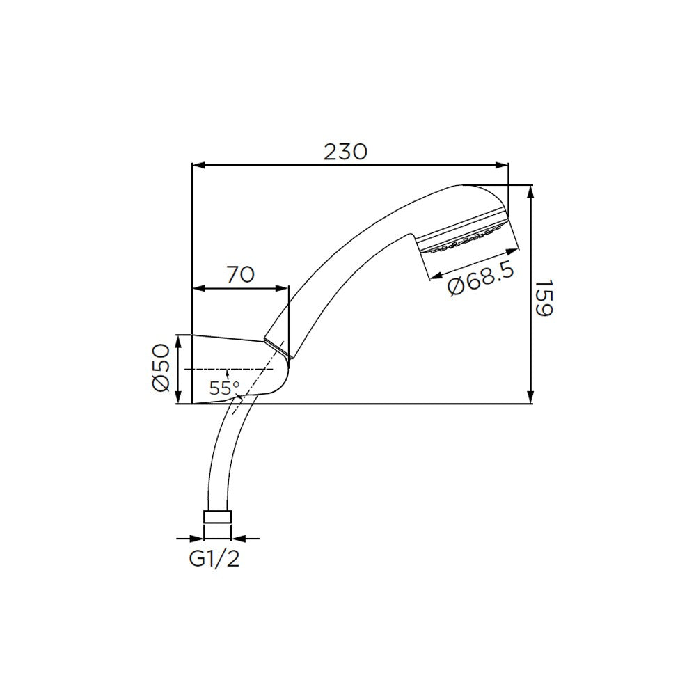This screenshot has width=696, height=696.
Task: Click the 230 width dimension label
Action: point(345,151)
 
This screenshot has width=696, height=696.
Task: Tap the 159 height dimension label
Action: point(544,299)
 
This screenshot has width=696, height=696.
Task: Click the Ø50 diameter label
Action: point(160,367)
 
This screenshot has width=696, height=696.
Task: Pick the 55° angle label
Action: point(224,388)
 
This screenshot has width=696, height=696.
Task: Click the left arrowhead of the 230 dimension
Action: point(198,166)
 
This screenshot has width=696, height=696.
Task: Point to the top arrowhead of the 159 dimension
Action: point(531,191)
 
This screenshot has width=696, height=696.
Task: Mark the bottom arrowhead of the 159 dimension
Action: point(531,397)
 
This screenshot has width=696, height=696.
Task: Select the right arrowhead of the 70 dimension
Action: point(281,288)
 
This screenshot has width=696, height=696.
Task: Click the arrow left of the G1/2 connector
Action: point(197,538)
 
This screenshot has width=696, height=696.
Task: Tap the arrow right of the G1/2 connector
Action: point(237,538)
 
